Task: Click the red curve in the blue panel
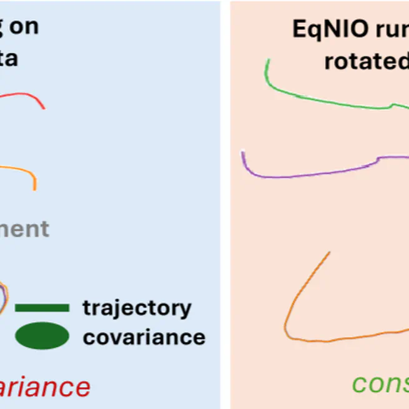click(x=25, y=95)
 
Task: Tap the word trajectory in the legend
click(x=137, y=307)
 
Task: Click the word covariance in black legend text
click(x=144, y=337)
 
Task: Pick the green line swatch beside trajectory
click(x=42, y=307)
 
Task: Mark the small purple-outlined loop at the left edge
click(x=3, y=297)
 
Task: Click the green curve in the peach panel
click(x=325, y=100)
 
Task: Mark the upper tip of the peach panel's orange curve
click(x=329, y=252)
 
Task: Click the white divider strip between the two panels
click(x=225, y=206)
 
